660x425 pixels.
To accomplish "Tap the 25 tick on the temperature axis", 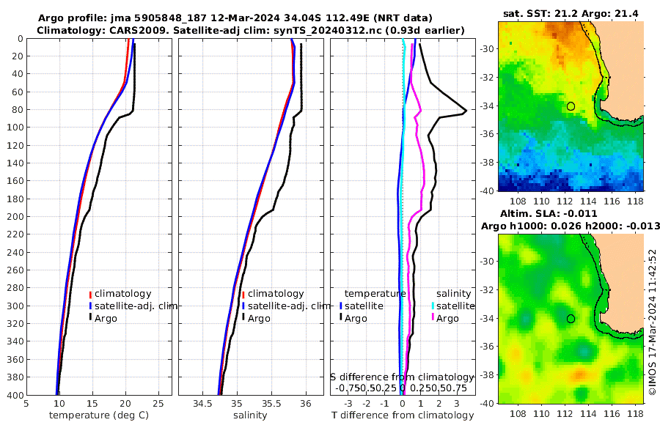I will point(158,403).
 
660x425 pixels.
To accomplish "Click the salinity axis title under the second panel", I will point(249,415).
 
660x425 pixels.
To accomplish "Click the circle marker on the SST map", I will point(571,106).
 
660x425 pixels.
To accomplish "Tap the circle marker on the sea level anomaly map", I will point(571,319).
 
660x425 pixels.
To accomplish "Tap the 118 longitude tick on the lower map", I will point(639,413).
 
